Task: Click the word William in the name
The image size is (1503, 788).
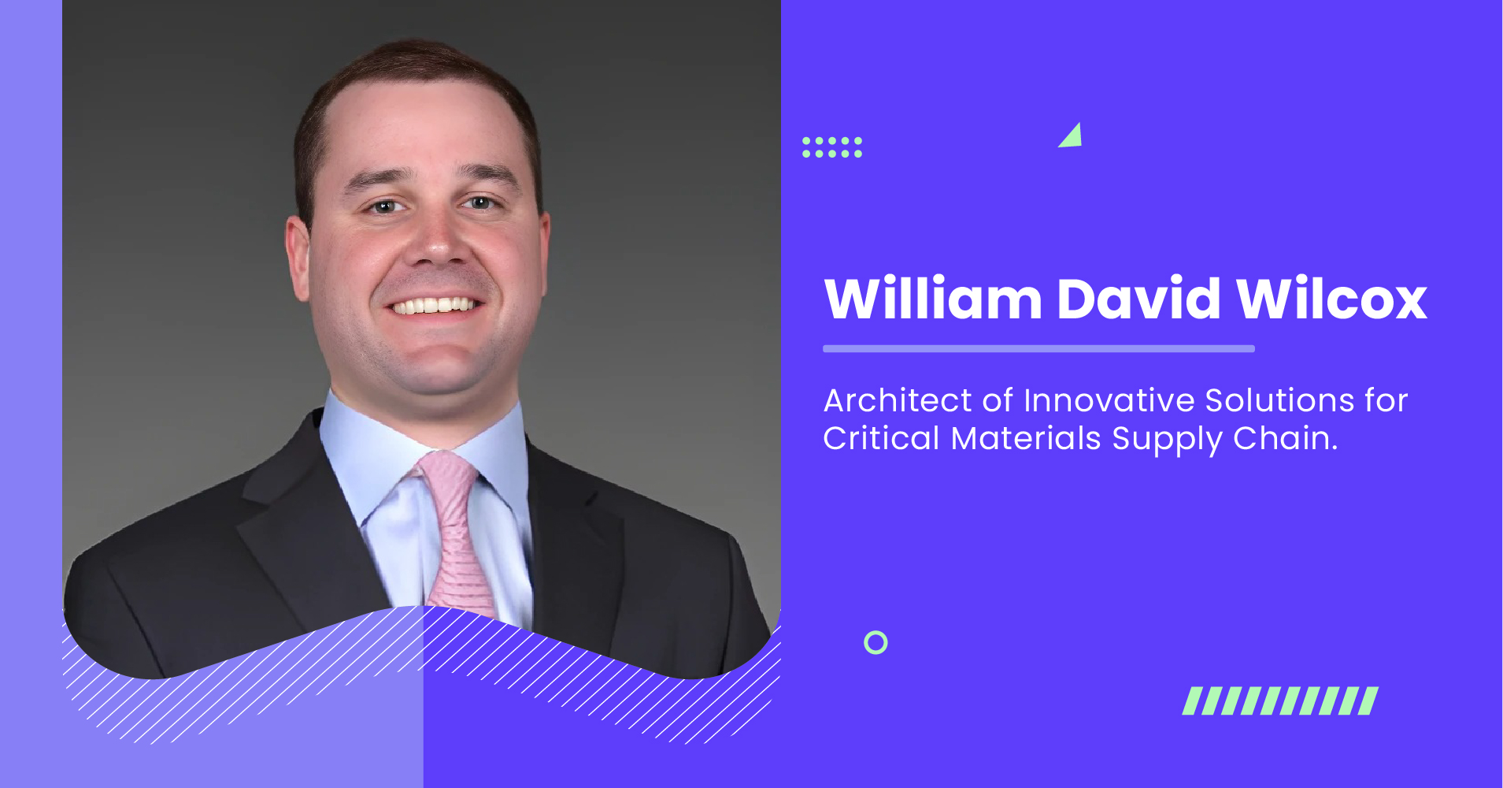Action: coord(933,299)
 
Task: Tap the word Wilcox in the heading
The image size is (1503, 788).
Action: coord(1331,299)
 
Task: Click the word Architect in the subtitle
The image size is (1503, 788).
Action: coord(898,401)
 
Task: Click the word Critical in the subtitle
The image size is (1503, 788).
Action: coord(881,439)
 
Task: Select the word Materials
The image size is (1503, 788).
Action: coord(1025,439)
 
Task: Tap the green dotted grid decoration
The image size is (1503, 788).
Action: coord(832,147)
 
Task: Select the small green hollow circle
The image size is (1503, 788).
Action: coord(876,643)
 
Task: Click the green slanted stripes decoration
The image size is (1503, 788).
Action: coord(1280,701)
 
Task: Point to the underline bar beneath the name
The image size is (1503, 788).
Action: coord(1038,348)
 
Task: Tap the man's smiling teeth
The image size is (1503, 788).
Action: coord(437,306)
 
